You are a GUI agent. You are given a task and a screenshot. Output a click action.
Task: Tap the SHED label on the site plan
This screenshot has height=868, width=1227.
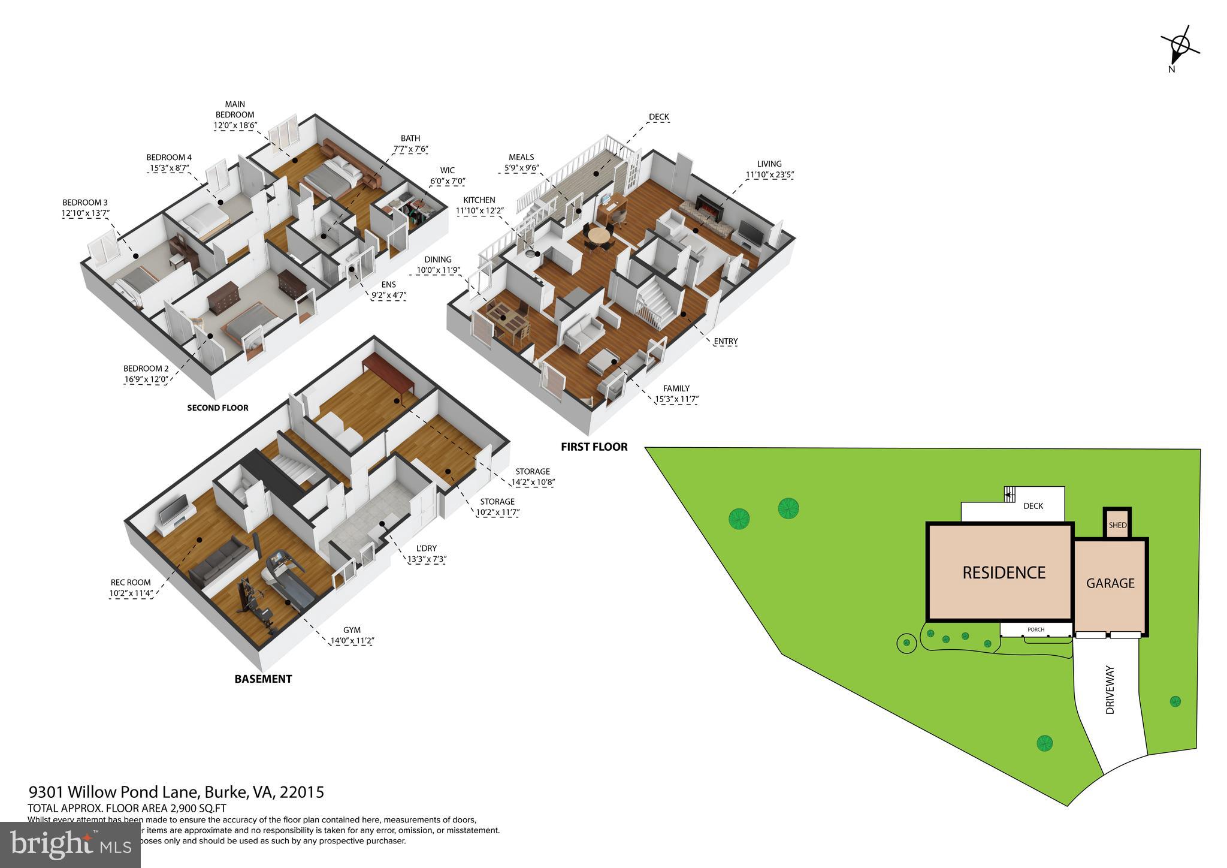(x=1117, y=525)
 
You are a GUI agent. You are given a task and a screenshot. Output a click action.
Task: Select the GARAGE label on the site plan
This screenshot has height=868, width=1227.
(x=1110, y=583)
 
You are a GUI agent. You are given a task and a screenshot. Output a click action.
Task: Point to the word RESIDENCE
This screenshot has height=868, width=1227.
(x=1004, y=572)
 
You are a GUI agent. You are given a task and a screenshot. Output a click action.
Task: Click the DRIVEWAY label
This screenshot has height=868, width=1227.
(x=1110, y=689)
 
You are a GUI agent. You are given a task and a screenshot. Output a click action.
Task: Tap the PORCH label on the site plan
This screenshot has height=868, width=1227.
(x=1036, y=629)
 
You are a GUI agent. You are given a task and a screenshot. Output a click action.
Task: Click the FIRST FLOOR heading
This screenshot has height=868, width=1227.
(x=594, y=447)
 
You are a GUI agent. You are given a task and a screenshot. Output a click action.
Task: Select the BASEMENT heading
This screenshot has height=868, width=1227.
(x=263, y=679)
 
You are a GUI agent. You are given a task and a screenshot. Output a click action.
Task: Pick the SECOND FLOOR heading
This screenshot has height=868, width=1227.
(x=217, y=408)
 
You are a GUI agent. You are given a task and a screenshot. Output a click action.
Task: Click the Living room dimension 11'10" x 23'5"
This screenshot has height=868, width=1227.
(x=769, y=175)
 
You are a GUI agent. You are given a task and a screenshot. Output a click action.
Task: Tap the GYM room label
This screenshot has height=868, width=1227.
(x=352, y=630)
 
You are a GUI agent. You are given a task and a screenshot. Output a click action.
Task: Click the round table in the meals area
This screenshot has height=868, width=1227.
(x=597, y=235)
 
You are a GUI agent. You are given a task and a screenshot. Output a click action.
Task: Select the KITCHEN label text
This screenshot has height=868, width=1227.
(x=479, y=200)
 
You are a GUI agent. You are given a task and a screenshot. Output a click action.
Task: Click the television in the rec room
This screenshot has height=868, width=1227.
(x=174, y=511)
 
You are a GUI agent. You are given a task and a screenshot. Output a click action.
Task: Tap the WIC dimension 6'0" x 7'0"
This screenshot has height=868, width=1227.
(x=447, y=181)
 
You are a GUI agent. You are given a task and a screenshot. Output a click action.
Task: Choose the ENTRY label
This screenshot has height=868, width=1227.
(x=726, y=341)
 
